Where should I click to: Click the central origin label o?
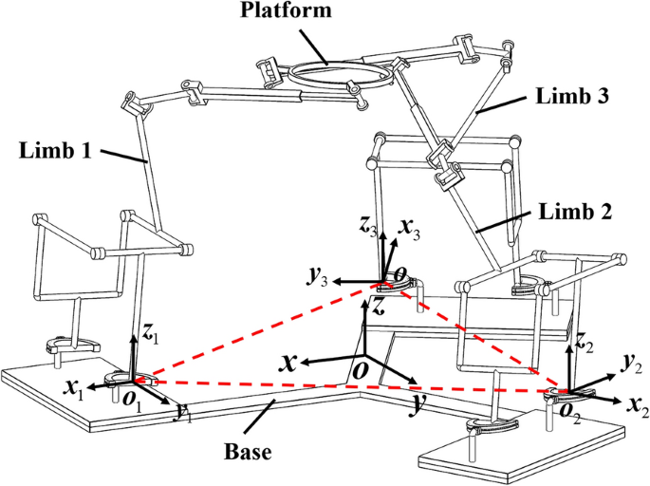tap(361, 369)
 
